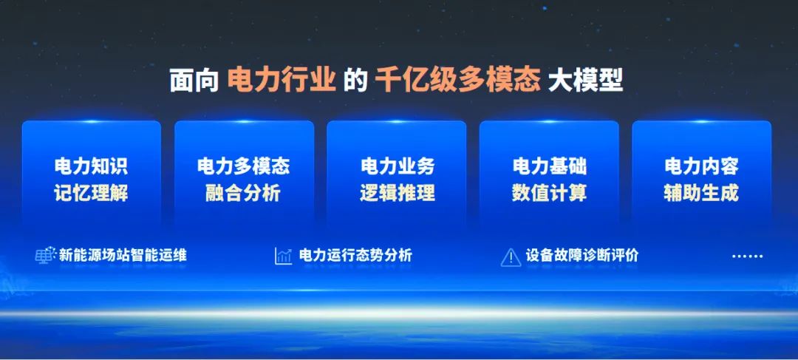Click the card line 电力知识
(91, 166)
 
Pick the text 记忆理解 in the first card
(91, 193)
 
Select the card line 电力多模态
(243, 166)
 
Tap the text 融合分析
(243, 193)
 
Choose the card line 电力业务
(397, 166)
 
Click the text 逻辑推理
(397, 193)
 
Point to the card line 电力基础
(549, 166)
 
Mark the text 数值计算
(549, 193)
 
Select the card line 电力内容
(701, 166)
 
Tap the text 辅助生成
(701, 193)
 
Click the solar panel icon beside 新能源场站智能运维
(45, 256)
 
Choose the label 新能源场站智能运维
(123, 256)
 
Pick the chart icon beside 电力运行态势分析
(284, 256)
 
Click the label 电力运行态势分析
(355, 256)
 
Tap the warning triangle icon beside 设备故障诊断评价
(511, 257)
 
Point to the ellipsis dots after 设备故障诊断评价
(747, 257)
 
